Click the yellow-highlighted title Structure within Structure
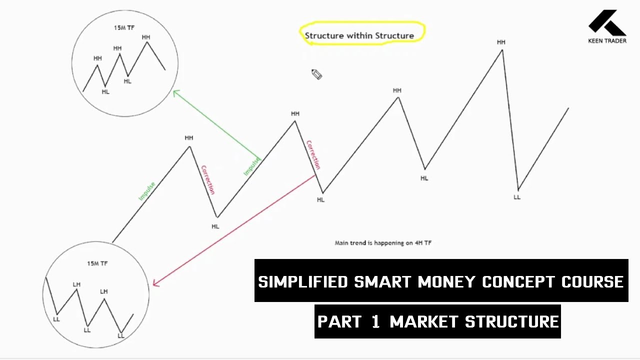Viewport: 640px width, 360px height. coord(359,35)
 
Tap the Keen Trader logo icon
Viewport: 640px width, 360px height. coord(606,22)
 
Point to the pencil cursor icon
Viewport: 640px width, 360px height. coord(316,74)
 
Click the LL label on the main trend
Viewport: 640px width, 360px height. coord(517,197)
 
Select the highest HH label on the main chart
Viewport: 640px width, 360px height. coord(501,42)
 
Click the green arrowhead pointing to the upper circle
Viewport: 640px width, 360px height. coord(175,92)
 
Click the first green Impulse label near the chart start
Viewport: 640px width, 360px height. coord(147,191)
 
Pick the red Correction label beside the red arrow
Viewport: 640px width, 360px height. coord(313,154)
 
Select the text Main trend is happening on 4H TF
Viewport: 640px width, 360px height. coord(383,243)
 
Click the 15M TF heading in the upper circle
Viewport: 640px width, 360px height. coord(124,28)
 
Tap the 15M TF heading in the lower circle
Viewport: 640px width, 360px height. coord(97,263)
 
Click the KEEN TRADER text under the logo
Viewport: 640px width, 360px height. coord(607,41)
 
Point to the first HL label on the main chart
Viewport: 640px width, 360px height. coord(215,226)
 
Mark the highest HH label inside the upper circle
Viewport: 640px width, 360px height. coord(146,37)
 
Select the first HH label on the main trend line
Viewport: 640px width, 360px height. coord(188,138)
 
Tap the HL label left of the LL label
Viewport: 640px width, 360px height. coord(424,178)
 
